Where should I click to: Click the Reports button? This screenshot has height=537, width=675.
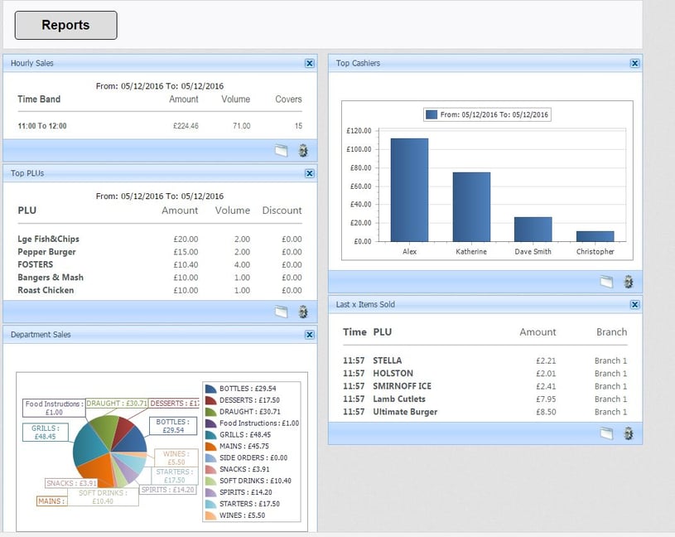click(65, 25)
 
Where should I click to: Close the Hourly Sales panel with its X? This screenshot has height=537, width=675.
click(309, 63)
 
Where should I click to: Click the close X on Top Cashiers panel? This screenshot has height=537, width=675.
click(634, 63)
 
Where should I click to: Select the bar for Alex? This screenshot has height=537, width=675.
click(409, 190)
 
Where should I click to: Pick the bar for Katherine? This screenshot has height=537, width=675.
click(470, 207)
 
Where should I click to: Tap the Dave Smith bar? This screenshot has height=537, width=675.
click(533, 230)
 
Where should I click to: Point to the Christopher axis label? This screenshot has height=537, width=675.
click(595, 251)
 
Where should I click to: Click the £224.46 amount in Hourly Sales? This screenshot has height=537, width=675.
click(185, 126)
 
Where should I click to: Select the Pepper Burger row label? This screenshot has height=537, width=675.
click(46, 252)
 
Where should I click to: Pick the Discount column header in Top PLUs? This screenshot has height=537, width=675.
click(282, 210)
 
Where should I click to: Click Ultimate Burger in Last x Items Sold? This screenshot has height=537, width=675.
click(405, 412)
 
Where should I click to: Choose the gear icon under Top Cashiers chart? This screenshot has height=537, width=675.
click(628, 282)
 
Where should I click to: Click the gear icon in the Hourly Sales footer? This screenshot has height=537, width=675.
click(302, 150)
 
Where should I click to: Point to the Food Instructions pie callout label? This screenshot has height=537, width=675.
click(53, 408)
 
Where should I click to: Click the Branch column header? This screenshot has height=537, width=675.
click(611, 331)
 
